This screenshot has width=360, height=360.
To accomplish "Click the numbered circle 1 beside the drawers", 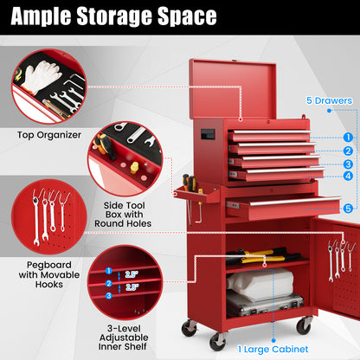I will coord(346,137).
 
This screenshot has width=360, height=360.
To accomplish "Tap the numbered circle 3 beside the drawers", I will coord(346,164).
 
